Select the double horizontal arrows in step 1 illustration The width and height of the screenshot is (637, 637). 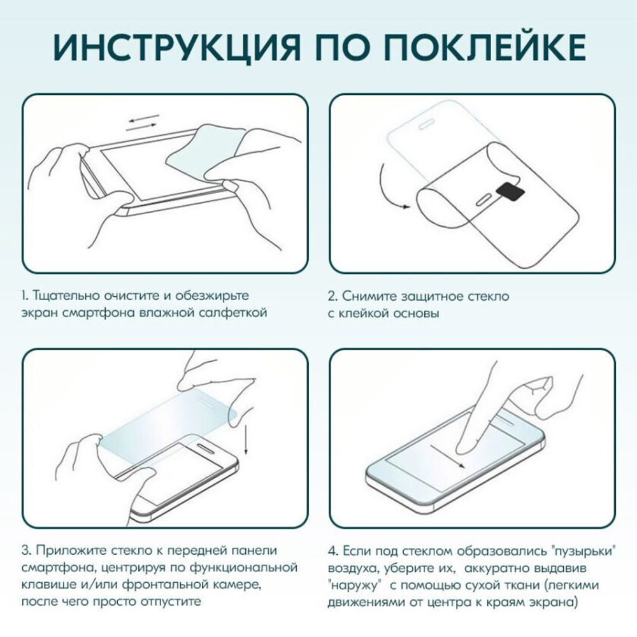142,123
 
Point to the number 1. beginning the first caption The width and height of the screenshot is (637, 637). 24,296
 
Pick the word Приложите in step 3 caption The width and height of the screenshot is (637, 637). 69,550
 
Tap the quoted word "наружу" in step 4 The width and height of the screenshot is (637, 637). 353,584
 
